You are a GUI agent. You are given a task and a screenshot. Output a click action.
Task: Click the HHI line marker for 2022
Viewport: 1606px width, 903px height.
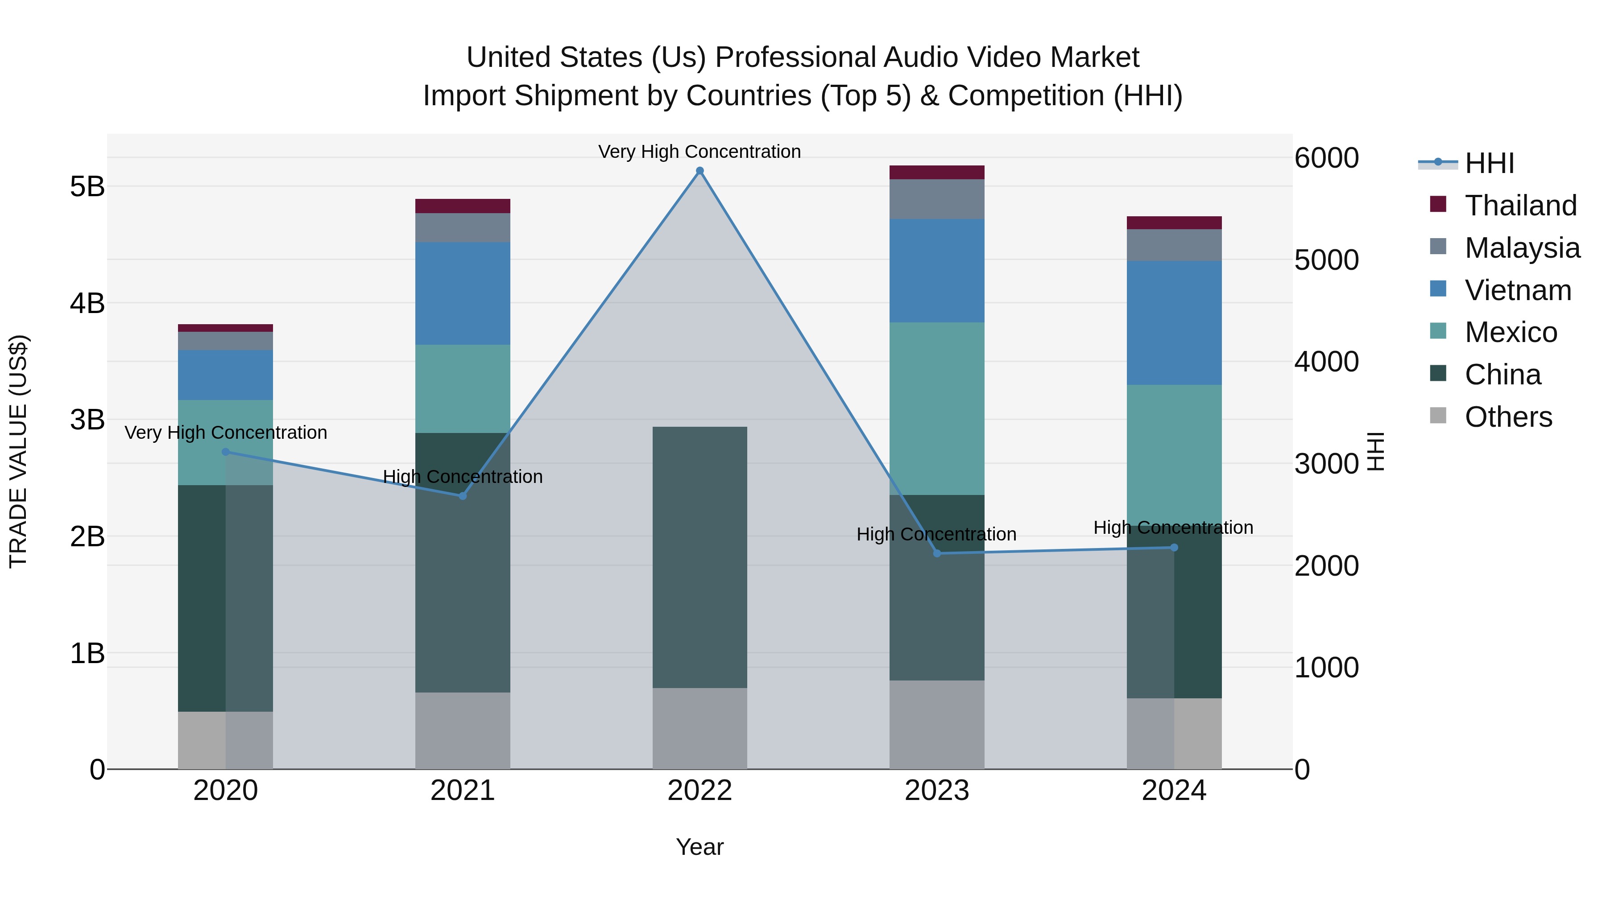pyautogui.click(x=700, y=171)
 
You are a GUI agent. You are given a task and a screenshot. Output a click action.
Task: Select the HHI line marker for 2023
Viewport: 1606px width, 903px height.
pyautogui.click(x=936, y=553)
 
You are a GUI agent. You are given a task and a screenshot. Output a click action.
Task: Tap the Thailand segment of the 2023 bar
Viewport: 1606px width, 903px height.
pyautogui.click(x=936, y=172)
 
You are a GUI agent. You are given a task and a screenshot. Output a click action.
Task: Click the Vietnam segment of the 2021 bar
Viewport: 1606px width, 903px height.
pyautogui.click(x=463, y=293)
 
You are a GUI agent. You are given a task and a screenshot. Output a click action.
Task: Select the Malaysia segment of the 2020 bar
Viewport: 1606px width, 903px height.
pyautogui.click(x=225, y=341)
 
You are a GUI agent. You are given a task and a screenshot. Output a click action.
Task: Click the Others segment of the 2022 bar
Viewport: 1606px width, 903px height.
pyautogui.click(x=700, y=728)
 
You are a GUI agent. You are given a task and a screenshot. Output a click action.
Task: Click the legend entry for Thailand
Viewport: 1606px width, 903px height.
pyautogui.click(x=1520, y=206)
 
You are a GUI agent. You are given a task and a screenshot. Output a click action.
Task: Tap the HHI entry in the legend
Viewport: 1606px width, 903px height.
pyautogui.click(x=1489, y=163)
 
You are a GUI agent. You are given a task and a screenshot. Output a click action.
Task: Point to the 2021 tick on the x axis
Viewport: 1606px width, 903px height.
pyautogui.click(x=463, y=791)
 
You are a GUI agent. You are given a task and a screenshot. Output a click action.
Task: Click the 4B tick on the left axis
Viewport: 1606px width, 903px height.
pyautogui.click(x=87, y=304)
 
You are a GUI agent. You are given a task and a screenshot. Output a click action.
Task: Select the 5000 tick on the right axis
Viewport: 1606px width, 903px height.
pyautogui.click(x=1326, y=260)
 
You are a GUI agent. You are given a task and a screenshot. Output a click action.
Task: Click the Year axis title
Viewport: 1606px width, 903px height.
pyautogui.click(x=700, y=847)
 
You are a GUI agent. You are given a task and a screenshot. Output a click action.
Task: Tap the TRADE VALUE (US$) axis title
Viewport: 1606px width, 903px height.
pyautogui.click(x=19, y=451)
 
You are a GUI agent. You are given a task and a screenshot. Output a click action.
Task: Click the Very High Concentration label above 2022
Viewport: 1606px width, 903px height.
pyautogui.click(x=700, y=152)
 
